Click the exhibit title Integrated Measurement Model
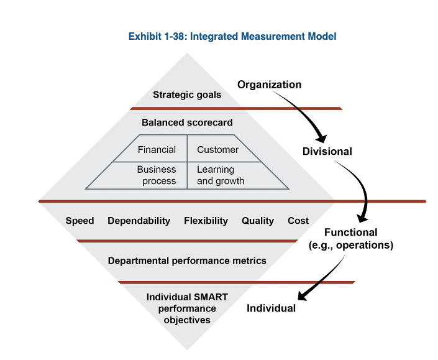point(232,37)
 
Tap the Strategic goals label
point(187,95)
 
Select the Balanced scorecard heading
point(187,122)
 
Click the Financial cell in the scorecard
point(157,150)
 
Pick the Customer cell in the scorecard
point(217,150)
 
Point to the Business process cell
point(157,175)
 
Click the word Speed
point(80,221)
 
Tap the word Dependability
point(139,221)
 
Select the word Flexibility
point(206,221)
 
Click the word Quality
point(258,221)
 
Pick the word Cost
point(298,221)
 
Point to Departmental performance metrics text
point(187,261)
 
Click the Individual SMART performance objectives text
point(187,308)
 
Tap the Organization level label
point(269,85)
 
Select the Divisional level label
point(327,151)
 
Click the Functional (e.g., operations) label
point(351,239)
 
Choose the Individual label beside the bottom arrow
point(271,308)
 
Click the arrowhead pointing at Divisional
point(321,138)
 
